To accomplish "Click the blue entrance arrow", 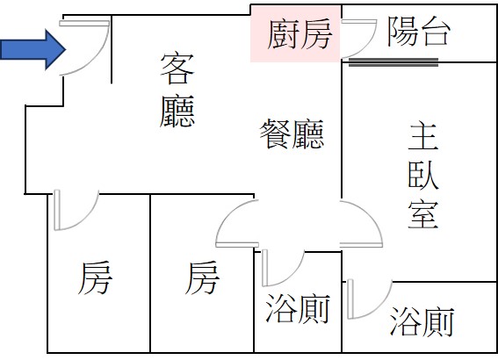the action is click(x=32, y=49).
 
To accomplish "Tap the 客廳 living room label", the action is click(x=177, y=90).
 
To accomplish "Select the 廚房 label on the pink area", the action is click(x=300, y=34).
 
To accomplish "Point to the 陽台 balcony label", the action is click(x=419, y=31).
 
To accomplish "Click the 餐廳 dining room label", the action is click(x=292, y=134).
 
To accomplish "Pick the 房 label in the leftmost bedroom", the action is click(x=95, y=277).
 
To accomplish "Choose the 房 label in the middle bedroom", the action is click(x=202, y=277).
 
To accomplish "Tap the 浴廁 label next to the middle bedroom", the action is click(x=298, y=308).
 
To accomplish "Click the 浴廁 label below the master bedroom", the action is click(x=422, y=321).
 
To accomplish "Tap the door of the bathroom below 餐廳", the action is click(x=292, y=277).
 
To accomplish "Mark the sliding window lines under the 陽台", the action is click(x=393, y=62).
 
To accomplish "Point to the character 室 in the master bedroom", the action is click(x=423, y=214).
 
